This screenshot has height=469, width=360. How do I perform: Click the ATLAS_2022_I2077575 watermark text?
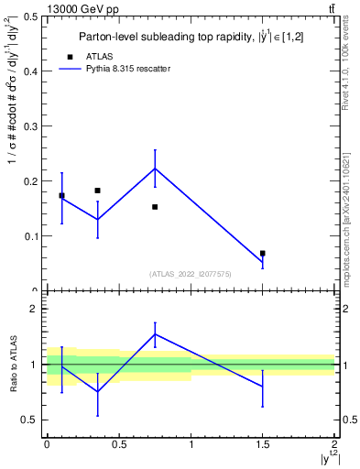191,273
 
